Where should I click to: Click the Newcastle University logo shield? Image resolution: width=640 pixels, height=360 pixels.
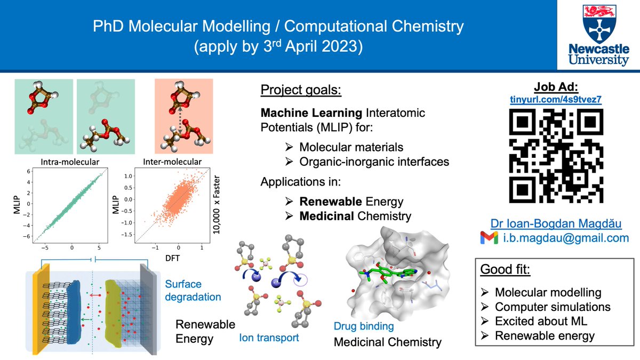(x=598, y=21)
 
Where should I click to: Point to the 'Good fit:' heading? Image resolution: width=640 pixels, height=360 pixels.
(x=505, y=269)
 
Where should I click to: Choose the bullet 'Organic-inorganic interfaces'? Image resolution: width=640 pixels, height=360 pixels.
(x=374, y=161)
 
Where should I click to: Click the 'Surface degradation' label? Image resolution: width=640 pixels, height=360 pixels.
(x=193, y=290)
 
